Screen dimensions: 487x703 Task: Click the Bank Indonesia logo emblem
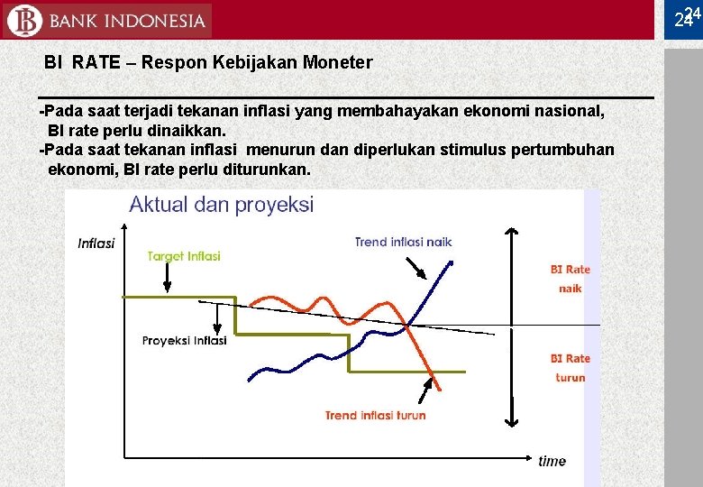coord(23,20)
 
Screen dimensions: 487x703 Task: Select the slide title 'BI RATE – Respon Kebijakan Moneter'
coord(208,63)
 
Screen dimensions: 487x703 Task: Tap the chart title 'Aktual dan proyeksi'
coord(221,205)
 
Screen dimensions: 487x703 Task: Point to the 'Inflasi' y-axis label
coord(96,243)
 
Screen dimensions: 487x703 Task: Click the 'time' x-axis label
coord(552,461)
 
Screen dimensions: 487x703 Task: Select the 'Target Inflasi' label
coord(184,256)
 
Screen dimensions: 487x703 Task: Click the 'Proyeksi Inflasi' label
coord(184,341)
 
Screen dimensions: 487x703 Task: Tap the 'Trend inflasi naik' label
coord(403,242)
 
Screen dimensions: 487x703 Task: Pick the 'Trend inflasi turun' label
coord(375,416)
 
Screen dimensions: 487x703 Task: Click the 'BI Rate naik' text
coord(570,279)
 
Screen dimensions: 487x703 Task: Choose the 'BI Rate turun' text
coord(570,368)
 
